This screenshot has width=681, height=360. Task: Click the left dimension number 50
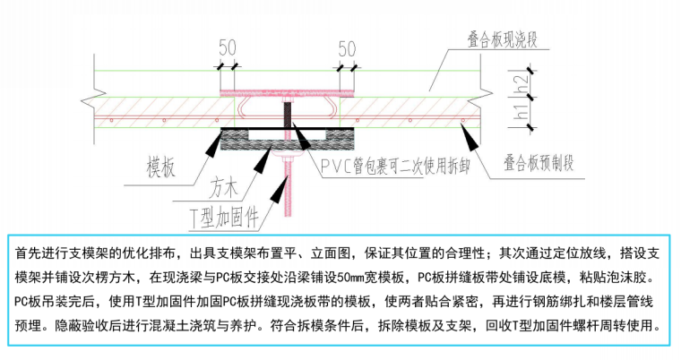pos(227,47)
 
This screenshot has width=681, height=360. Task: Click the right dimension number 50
pos(348,47)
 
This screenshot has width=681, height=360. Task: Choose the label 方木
pos(225,190)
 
